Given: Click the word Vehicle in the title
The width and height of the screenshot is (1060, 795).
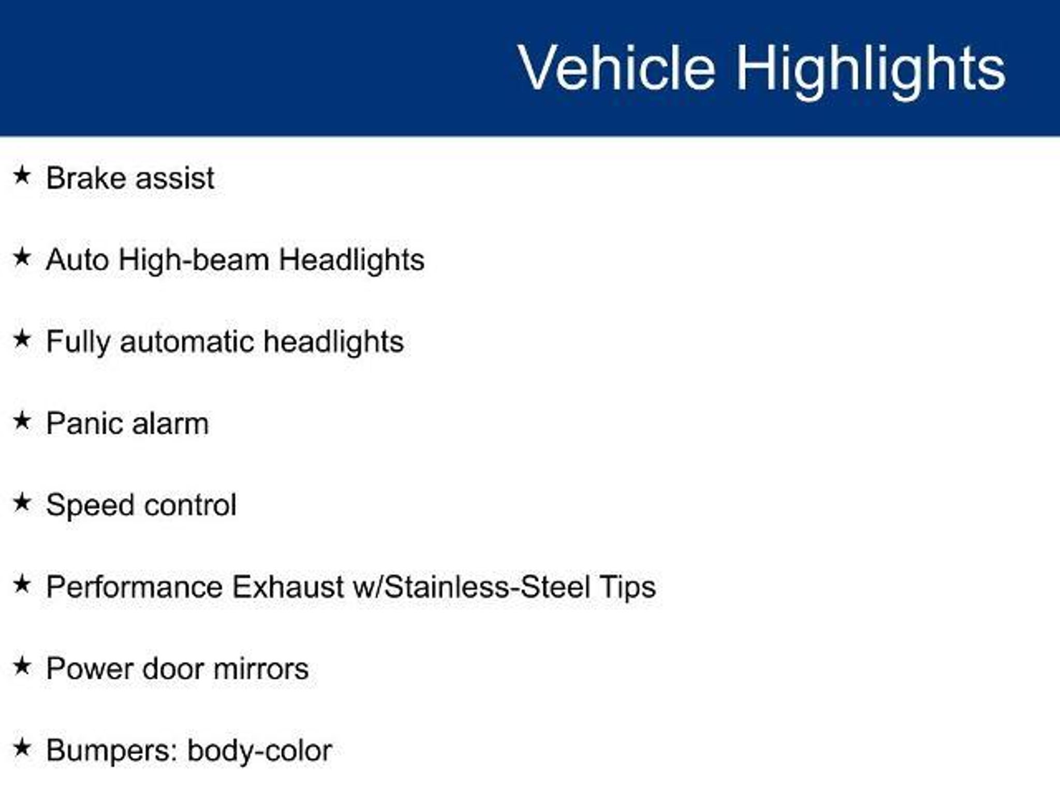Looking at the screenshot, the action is point(616,68).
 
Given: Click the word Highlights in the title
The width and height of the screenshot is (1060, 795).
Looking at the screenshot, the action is point(871,70).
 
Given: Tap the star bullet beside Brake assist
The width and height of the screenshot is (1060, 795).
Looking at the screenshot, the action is point(22,175).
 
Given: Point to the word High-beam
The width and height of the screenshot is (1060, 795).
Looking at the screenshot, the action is point(194,259).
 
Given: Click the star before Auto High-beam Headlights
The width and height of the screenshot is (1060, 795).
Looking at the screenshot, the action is point(22,257).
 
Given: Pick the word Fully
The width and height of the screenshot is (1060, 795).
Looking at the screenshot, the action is point(78,342).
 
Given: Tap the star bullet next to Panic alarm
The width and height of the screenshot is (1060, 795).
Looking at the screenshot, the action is point(22,421).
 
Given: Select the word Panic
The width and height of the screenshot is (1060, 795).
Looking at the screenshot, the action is point(84,423).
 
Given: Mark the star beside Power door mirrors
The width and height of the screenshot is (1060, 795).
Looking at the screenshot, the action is point(22,666).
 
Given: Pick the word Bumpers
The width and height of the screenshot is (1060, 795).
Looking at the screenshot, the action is point(112,752).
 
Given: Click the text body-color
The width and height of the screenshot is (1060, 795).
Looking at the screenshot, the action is point(259,752).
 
